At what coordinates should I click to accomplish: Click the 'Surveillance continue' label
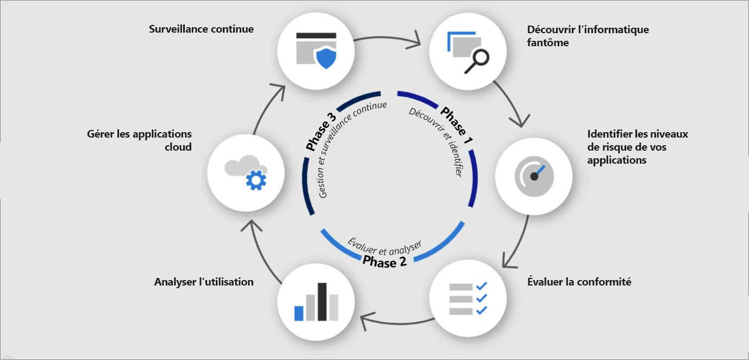201,29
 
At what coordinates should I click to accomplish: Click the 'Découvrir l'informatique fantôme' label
588,36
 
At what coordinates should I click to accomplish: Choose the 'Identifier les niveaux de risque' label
638,147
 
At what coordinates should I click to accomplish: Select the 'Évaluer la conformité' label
579,282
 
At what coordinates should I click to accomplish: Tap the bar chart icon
316,302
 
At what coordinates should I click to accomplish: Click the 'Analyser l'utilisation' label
204,282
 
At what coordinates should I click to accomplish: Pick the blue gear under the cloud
253,179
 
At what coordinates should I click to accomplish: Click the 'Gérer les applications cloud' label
139,140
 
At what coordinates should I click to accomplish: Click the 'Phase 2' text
385,262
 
